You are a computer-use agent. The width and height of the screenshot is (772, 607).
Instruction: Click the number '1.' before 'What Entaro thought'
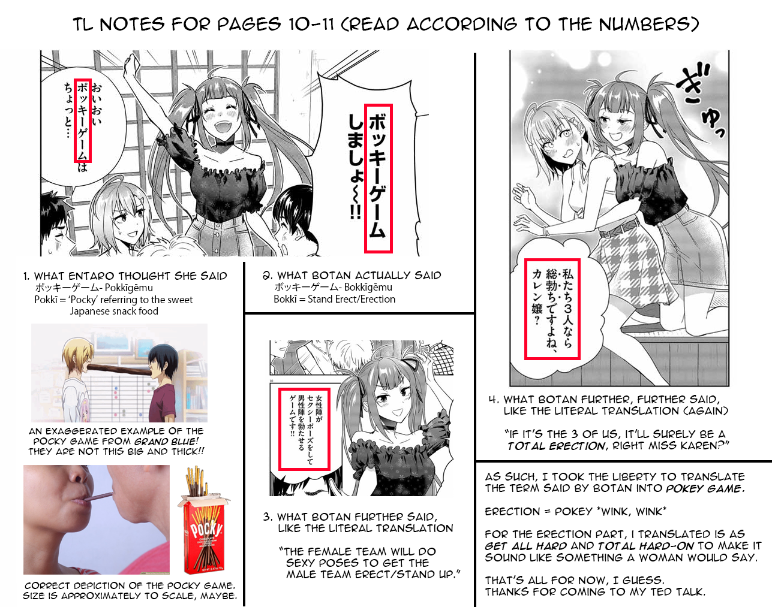pyautogui.click(x=26, y=276)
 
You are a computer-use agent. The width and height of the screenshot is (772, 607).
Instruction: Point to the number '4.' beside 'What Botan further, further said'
pyautogui.click(x=494, y=400)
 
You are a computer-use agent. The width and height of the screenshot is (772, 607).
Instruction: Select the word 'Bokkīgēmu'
pyautogui.click(x=368, y=288)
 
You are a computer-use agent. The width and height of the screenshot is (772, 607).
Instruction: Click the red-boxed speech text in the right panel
pyautogui.click(x=552, y=309)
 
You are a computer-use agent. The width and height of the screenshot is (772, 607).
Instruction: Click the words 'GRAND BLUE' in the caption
pyautogui.click(x=166, y=442)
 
